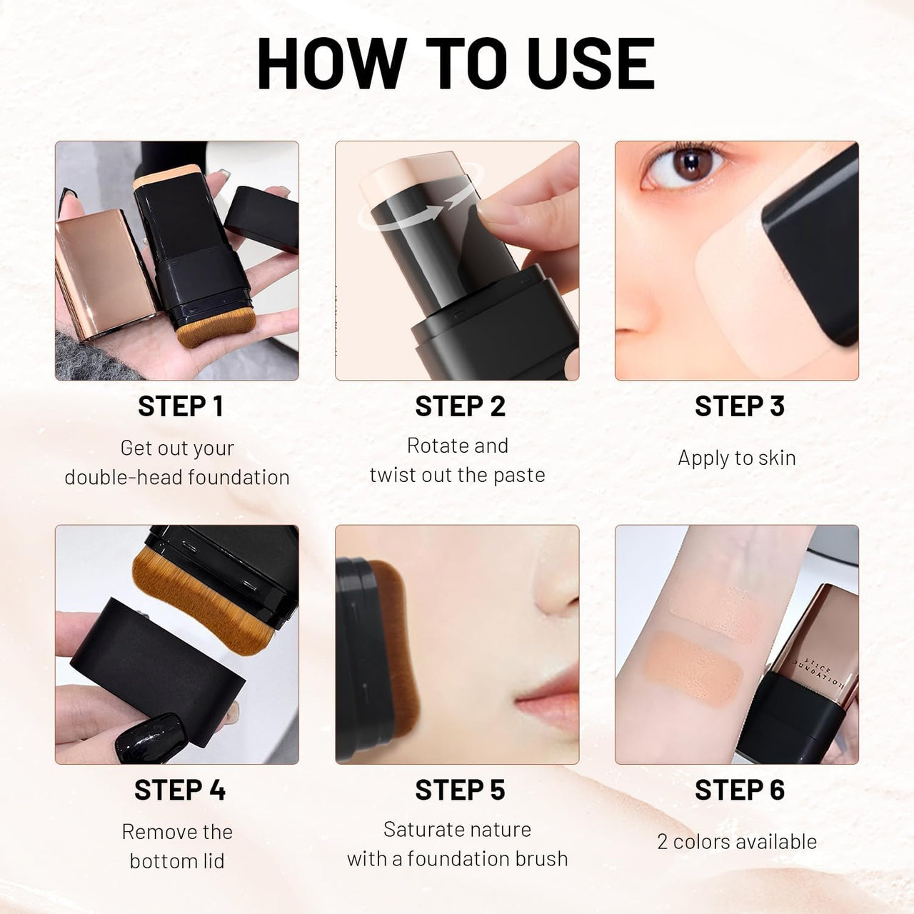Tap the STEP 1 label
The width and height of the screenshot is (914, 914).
pyautogui.click(x=181, y=406)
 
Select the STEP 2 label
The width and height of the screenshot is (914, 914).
pyautogui.click(x=460, y=406)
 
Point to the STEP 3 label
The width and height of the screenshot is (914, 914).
pyautogui.click(x=739, y=406)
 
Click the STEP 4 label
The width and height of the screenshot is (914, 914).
pyautogui.click(x=180, y=790)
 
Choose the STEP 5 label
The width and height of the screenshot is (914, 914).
pyautogui.click(x=460, y=790)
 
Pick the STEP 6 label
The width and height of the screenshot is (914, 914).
pyautogui.click(x=739, y=790)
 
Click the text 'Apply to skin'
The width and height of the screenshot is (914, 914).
pyautogui.click(x=736, y=458)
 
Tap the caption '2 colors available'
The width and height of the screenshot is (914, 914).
pyautogui.click(x=736, y=841)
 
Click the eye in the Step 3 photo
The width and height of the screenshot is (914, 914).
pyautogui.click(x=687, y=167)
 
